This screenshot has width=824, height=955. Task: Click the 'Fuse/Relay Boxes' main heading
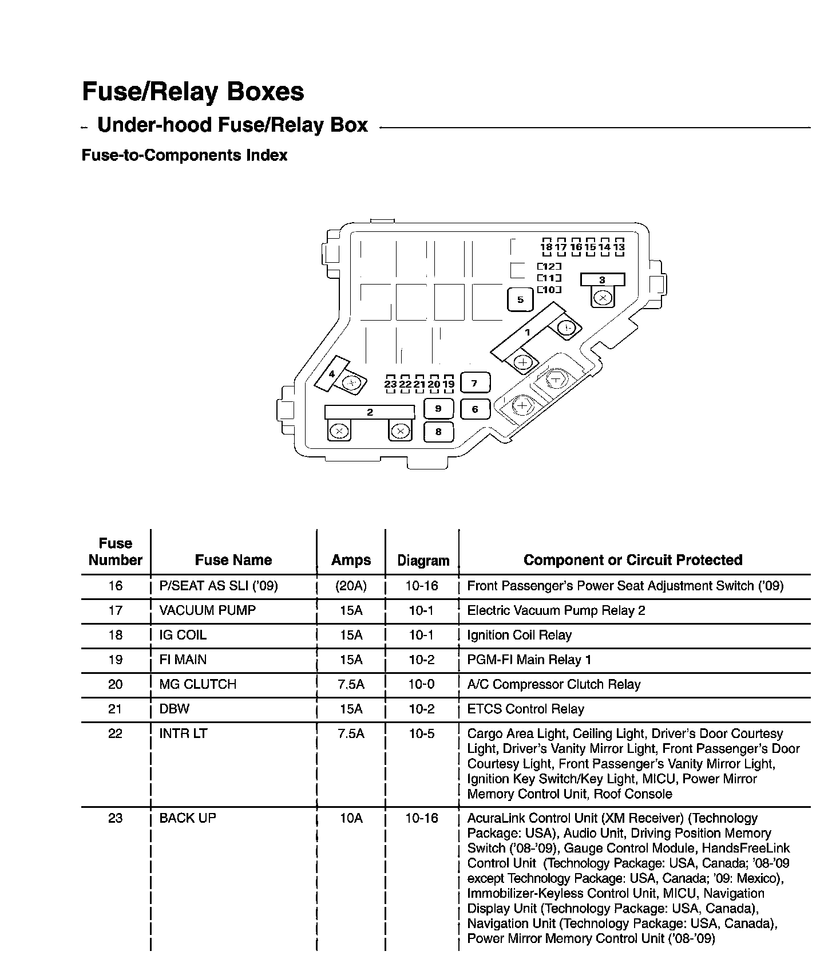[x=193, y=92]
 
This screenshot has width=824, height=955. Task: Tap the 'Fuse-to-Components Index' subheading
[x=184, y=155]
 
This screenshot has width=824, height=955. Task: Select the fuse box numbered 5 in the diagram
[x=520, y=299]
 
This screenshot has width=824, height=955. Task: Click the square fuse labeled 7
[x=474, y=383]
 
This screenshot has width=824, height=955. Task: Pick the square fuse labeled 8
[x=438, y=432]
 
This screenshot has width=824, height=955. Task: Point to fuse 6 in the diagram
[x=475, y=409]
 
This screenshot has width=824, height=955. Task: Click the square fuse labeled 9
[x=438, y=409]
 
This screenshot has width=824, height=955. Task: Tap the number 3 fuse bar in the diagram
[x=602, y=280]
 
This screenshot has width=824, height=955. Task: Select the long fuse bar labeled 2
[x=370, y=412]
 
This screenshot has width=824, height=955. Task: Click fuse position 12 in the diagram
[x=549, y=266]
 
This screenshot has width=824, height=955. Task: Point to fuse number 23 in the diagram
[x=390, y=384]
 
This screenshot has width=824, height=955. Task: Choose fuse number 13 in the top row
[x=619, y=247]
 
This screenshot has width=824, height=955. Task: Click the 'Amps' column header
[x=351, y=560]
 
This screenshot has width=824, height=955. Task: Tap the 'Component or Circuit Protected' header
[x=633, y=560]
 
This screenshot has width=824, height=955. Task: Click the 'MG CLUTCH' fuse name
[x=197, y=684]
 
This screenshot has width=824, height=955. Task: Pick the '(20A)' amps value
[x=351, y=586]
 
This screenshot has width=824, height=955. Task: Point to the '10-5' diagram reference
[x=422, y=733]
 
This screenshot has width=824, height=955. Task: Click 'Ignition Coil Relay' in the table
[x=519, y=635]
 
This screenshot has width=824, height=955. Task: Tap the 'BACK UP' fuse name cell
[x=188, y=818]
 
